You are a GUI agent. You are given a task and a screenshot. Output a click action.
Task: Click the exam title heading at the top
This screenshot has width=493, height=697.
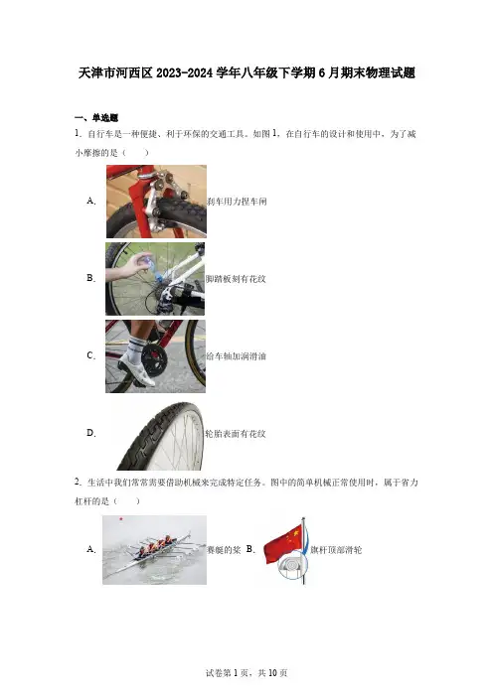(246, 72)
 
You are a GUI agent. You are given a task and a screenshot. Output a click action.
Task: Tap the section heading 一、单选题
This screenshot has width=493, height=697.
(96, 118)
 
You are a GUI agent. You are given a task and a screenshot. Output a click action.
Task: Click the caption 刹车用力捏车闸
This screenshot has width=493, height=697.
(237, 202)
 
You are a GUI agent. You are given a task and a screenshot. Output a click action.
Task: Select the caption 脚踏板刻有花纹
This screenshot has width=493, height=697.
(236, 279)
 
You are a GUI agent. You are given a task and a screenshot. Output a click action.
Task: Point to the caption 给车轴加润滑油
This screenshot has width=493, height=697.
(236, 356)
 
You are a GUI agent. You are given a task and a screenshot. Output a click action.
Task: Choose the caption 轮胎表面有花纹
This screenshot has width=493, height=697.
(236, 434)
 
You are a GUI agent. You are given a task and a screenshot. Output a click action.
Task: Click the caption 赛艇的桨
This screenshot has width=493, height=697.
(224, 550)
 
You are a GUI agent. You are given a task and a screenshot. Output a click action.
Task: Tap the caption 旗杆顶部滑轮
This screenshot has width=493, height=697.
(336, 550)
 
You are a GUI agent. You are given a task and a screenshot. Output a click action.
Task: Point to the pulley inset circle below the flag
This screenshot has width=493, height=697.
(292, 566)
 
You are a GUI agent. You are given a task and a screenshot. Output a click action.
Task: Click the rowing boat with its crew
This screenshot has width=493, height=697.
(156, 551)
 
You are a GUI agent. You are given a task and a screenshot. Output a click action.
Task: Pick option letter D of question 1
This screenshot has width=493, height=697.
(91, 433)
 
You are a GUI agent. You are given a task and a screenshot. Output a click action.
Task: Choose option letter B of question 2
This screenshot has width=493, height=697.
(250, 549)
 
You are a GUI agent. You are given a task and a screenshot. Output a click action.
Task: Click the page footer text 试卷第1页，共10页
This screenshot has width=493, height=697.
(246, 673)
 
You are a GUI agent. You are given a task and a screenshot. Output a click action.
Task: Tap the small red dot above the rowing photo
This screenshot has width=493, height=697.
(121, 518)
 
